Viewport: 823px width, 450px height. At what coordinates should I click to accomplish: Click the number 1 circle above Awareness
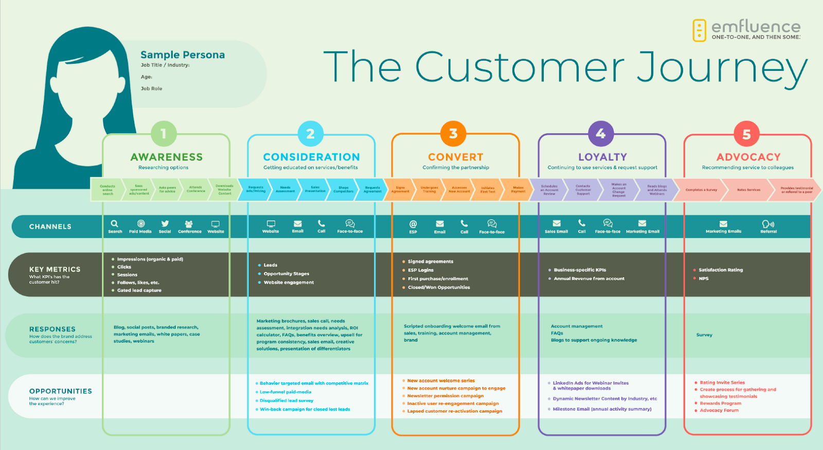[164, 134]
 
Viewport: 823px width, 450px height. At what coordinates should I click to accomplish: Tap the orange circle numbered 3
[453, 134]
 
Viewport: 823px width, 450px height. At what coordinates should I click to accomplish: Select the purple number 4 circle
[601, 134]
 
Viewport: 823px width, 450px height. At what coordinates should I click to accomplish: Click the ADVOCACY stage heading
[748, 157]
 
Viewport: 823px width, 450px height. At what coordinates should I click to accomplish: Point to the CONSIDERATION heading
[311, 157]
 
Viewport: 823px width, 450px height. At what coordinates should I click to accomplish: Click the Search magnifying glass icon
[115, 224]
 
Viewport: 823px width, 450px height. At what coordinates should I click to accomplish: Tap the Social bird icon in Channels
[165, 224]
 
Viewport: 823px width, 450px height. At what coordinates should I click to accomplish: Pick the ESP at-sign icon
[413, 224]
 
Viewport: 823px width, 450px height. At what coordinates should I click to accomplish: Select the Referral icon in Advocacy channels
[768, 224]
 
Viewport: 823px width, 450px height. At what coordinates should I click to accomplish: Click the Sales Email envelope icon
[557, 223]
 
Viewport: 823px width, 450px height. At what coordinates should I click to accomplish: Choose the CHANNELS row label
[50, 227]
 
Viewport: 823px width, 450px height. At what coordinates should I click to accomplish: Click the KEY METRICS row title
[55, 269]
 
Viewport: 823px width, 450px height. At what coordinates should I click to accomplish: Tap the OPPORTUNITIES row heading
[61, 391]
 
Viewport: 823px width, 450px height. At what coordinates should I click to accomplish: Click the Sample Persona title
[183, 55]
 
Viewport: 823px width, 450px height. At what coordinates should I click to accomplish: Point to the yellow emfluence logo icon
[700, 30]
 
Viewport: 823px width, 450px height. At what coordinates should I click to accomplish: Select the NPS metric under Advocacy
[704, 279]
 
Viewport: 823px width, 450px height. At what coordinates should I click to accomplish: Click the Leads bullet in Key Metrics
[271, 265]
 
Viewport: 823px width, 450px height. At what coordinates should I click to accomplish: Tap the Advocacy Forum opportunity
[719, 410]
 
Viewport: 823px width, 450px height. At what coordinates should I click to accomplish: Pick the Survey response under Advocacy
[704, 335]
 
